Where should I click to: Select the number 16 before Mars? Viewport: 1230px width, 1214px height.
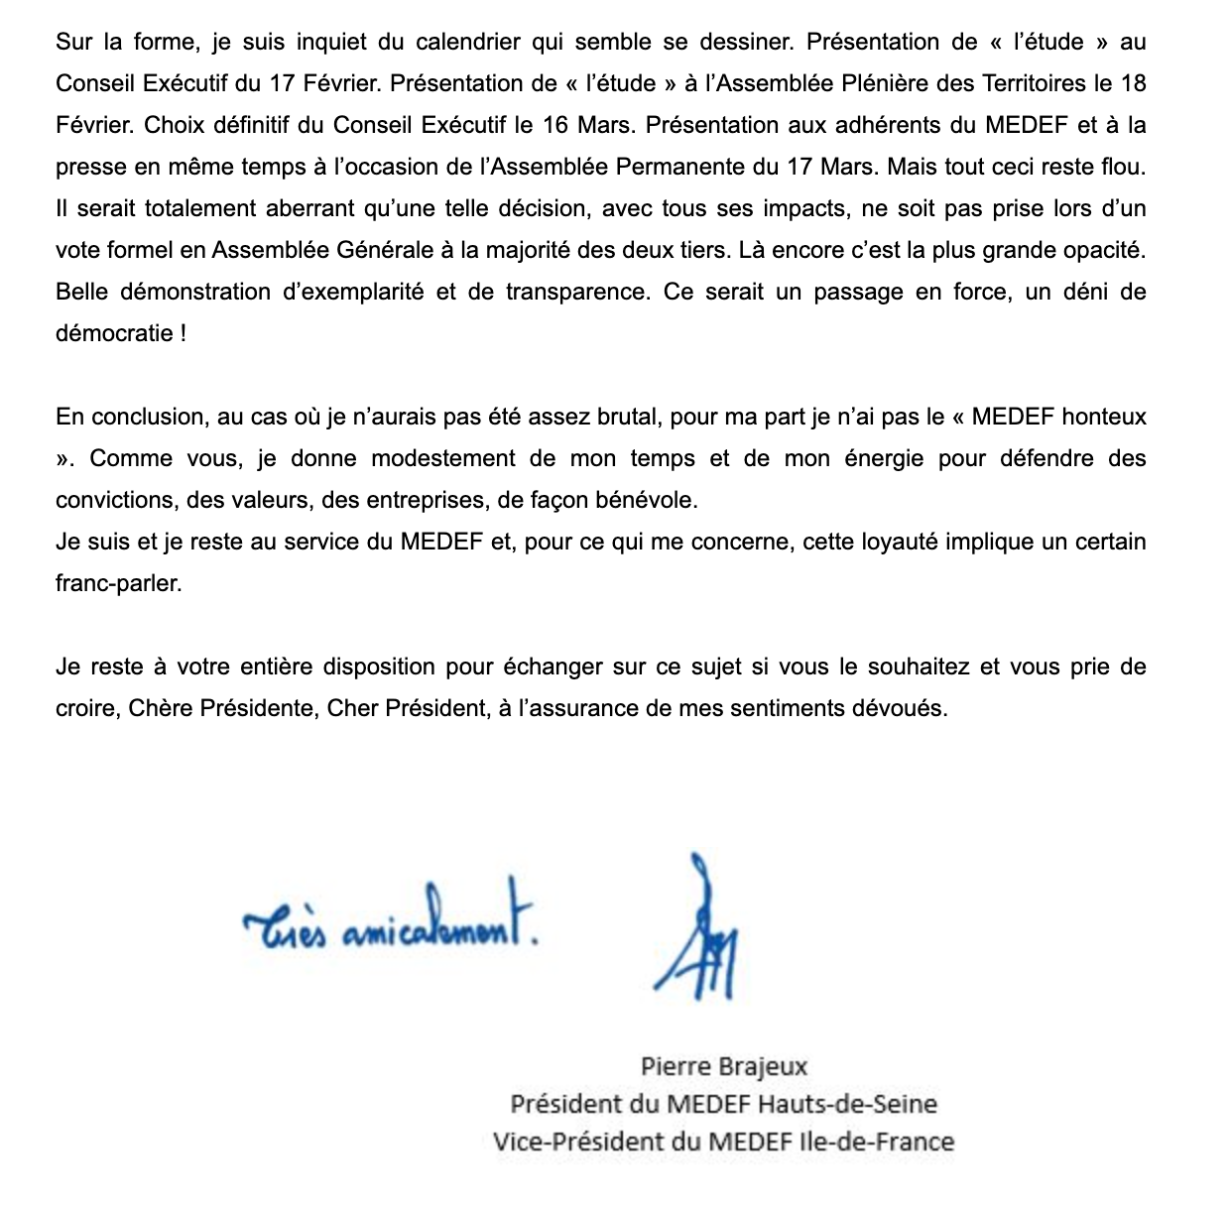557,125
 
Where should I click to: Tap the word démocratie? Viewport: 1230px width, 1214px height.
115,333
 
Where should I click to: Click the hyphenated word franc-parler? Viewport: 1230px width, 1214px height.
118,583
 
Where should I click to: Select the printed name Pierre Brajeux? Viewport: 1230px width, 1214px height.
723,1067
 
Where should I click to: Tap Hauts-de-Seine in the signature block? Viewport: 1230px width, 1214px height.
847,1104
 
